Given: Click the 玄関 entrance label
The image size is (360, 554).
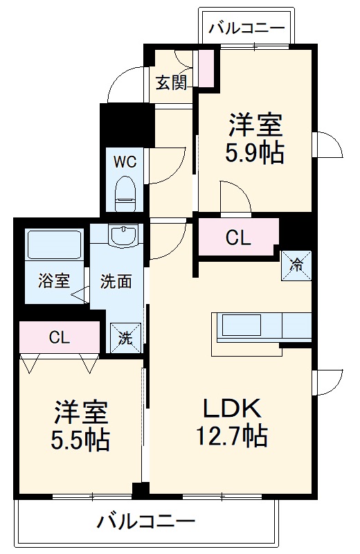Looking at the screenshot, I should (x=170, y=82).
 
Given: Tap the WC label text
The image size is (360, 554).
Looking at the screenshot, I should (x=125, y=162).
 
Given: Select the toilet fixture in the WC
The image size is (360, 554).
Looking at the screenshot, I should (x=125, y=193).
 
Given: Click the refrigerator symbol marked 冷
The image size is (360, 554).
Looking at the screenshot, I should (x=296, y=265).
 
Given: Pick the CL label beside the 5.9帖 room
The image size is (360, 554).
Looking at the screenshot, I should (x=237, y=238).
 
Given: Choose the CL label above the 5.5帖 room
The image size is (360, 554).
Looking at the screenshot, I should (x=59, y=337).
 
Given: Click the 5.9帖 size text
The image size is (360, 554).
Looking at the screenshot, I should (x=255, y=153).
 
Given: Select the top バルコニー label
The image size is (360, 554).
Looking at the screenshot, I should (x=246, y=28).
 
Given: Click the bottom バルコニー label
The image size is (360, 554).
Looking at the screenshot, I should (x=145, y=521).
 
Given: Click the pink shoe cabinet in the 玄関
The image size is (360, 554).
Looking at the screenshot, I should (x=206, y=68).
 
